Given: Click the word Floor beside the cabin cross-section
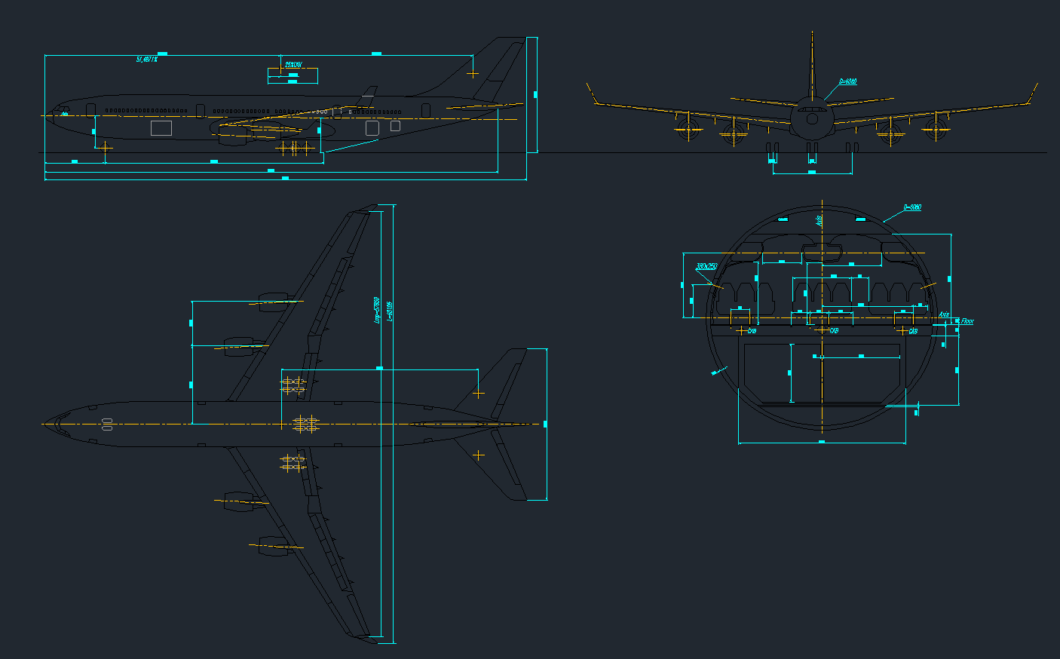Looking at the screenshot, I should pyautogui.click(x=967, y=321).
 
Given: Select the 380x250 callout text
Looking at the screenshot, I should pyautogui.click(x=706, y=267).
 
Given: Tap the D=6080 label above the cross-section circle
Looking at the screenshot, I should pyautogui.click(x=912, y=207).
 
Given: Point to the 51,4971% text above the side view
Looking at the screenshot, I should pyautogui.click(x=147, y=59).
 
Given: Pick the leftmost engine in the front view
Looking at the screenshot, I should pyautogui.click(x=688, y=128).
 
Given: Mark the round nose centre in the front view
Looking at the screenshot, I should pyautogui.click(x=812, y=118).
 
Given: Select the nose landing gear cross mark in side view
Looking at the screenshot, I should pyautogui.click(x=104, y=148).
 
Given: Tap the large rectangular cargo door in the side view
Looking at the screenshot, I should pyautogui.click(x=161, y=128).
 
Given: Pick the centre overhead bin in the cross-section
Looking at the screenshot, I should pyautogui.click(x=821, y=251).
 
